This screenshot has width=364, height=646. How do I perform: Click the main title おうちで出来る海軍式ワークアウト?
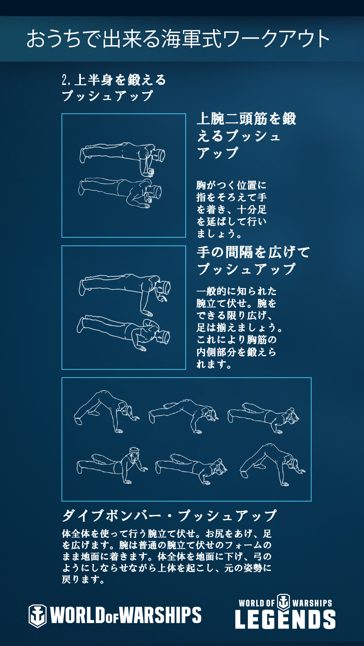[178, 39]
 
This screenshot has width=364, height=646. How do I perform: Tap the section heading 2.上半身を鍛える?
[114, 80]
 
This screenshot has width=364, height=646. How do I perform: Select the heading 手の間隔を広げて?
[253, 252]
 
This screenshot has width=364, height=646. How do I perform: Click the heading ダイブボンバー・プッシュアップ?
[169, 515]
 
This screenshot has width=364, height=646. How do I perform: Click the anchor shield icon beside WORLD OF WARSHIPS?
[37, 615]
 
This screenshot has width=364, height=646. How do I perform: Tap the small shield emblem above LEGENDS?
[283, 602]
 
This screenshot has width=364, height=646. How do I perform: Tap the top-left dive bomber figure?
[107, 411]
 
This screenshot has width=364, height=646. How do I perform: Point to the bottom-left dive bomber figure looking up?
[112, 465]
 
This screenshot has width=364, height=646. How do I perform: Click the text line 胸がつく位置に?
[231, 185]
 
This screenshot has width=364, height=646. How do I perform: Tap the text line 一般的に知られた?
[237, 291]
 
